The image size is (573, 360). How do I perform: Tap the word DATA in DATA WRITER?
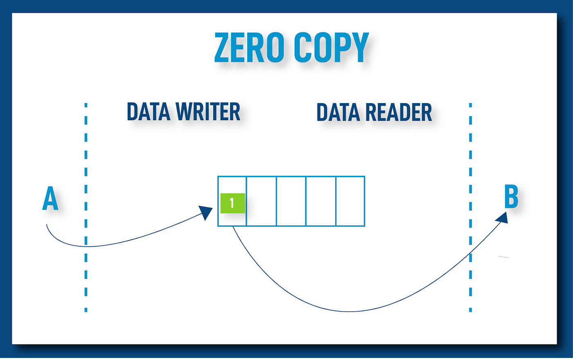(148, 112)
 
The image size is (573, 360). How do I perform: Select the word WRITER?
(208, 112)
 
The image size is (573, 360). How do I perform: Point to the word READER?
(398, 112)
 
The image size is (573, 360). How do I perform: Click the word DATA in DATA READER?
(338, 112)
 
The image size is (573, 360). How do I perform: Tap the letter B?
(511, 197)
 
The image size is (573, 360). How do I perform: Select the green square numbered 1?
(232, 203)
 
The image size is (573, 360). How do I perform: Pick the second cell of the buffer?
(262, 201)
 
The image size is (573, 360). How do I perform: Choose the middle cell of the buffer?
(291, 201)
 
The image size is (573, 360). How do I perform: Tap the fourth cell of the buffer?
(321, 201)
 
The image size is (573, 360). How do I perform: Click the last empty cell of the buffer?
(350, 201)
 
